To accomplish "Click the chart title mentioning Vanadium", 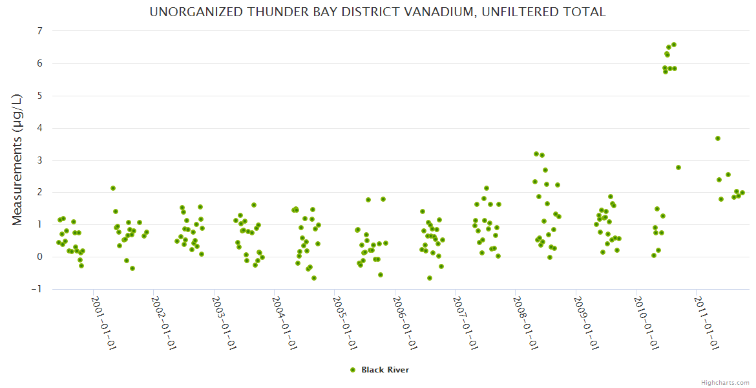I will point(377,12).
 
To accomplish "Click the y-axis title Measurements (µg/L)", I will point(17,159).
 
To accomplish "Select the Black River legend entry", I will point(384,370).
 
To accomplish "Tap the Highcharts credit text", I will point(725,382).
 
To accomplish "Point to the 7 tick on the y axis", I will point(39,31).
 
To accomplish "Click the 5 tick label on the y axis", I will point(39,96).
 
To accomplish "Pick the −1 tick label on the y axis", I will point(37,289).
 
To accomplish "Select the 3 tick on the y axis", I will point(39,160).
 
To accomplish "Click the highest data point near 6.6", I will point(674,45).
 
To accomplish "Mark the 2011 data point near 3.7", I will point(718,138).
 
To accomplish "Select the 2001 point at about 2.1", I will point(113,188).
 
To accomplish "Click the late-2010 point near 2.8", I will point(678,167).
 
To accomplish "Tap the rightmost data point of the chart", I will point(742,193).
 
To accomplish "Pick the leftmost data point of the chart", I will point(59,242).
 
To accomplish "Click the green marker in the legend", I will point(353,370).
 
